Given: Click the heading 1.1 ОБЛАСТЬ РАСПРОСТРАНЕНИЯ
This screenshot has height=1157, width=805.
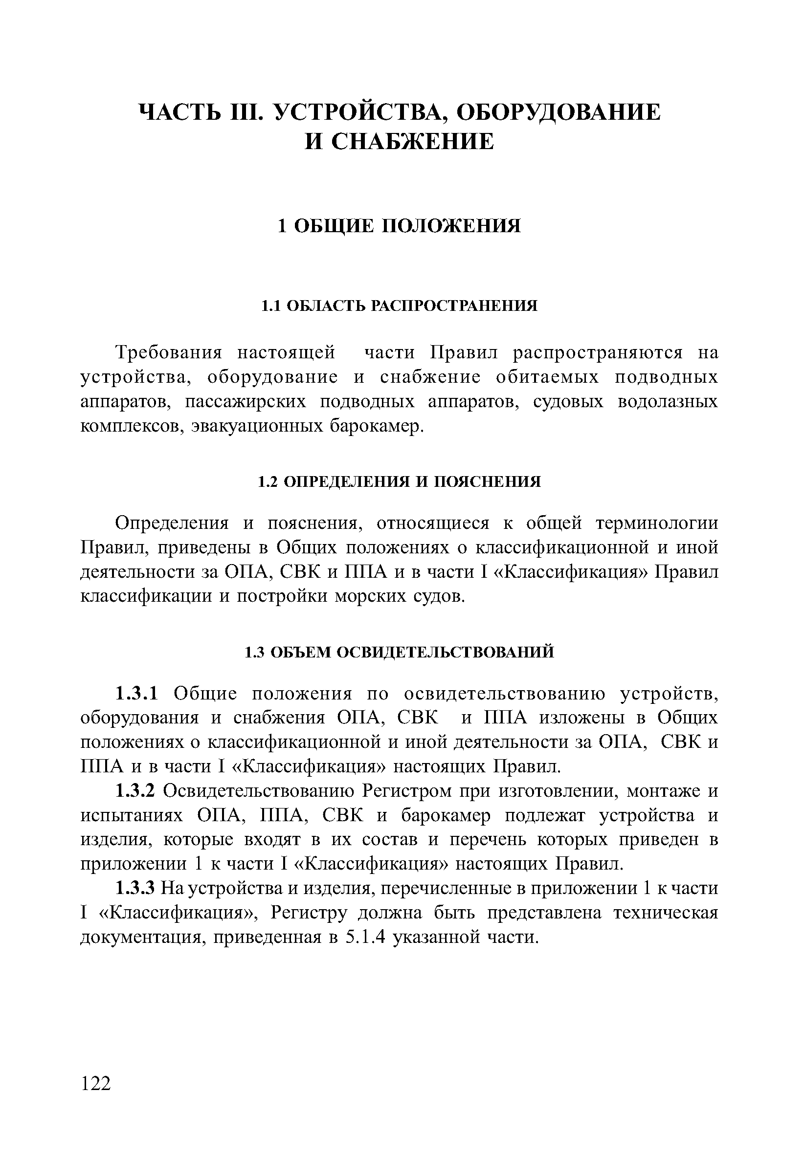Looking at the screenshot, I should pyautogui.click(x=399, y=306).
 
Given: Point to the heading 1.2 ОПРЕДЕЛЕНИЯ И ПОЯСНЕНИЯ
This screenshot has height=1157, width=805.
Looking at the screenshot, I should pyautogui.click(x=399, y=482).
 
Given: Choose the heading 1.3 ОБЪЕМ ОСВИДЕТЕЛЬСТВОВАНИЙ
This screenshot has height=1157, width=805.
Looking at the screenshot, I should pyautogui.click(x=399, y=652).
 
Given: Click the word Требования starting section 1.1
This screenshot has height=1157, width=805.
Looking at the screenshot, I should pyautogui.click(x=169, y=352).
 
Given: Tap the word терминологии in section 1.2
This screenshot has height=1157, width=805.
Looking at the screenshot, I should pyautogui.click(x=657, y=523).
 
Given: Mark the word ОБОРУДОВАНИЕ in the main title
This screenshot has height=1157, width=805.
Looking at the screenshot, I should pyautogui.click(x=558, y=112).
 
